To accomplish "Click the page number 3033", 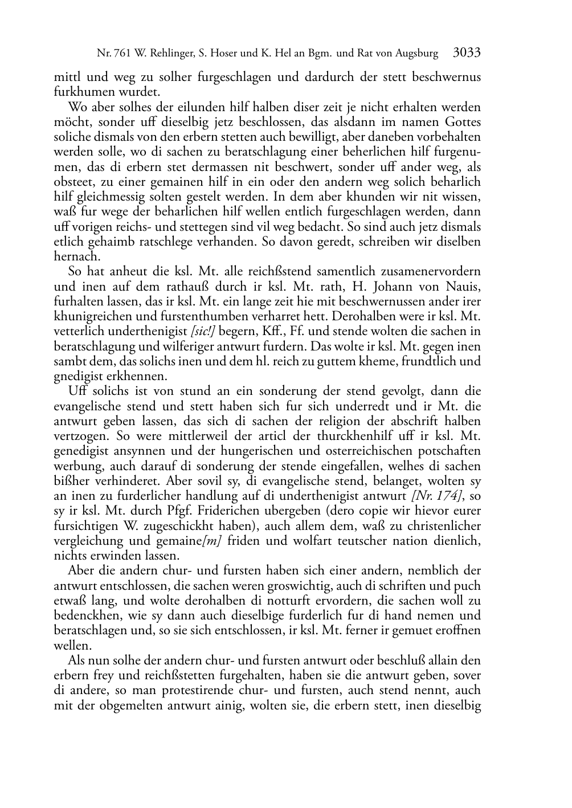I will click(x=467, y=54).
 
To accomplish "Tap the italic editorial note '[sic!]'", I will click(x=203, y=331).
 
